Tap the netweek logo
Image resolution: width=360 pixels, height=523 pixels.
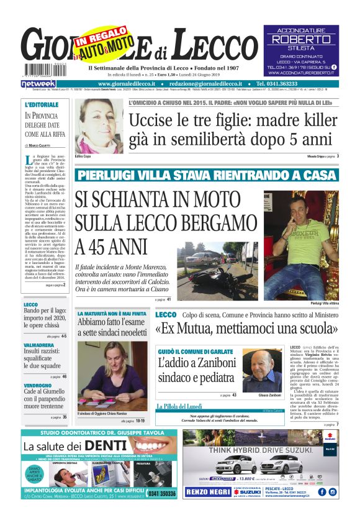pyautogui.click(x=38, y=83)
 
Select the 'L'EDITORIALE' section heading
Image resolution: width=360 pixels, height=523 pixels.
pyautogui.click(x=42, y=104)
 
